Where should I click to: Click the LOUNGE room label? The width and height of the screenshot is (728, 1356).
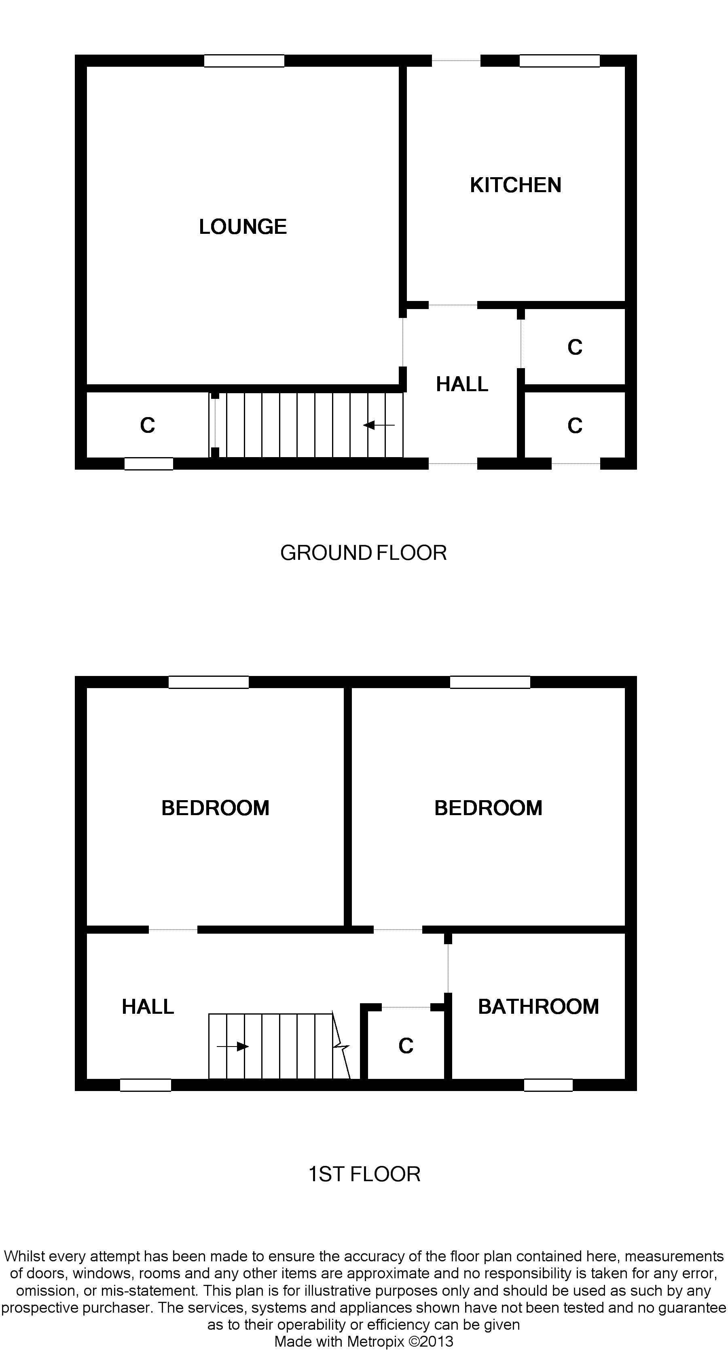click(243, 227)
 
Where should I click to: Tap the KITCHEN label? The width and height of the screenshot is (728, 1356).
click(515, 185)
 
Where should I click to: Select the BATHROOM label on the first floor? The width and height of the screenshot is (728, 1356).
click(538, 1006)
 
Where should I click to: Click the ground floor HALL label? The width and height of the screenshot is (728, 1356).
click(461, 384)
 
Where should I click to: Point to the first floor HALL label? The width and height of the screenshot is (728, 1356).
click(148, 1006)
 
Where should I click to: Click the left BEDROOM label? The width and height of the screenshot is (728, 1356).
click(215, 807)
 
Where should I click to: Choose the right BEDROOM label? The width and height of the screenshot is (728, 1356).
click(488, 807)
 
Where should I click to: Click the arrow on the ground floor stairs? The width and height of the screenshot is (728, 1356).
click(379, 425)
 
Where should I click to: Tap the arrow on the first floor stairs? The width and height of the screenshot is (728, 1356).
click(233, 1047)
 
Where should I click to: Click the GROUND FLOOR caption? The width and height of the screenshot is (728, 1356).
click(363, 553)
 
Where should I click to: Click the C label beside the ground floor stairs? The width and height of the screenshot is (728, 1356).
click(147, 425)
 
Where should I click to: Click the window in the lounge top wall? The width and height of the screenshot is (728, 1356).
click(244, 61)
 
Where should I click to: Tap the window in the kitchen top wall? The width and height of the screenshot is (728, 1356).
click(560, 61)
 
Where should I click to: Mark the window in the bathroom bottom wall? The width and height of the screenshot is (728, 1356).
click(548, 1085)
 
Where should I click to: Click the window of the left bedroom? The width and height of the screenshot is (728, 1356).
click(208, 682)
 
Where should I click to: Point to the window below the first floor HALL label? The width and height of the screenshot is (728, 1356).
click(145, 1085)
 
